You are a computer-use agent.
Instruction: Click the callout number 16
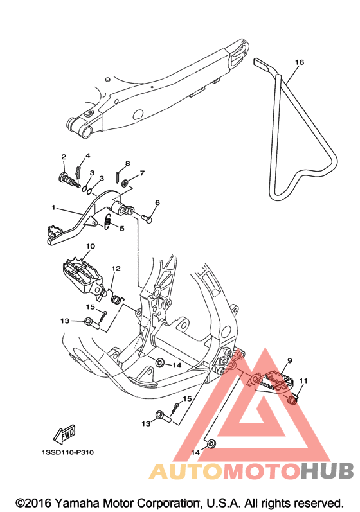(299, 62)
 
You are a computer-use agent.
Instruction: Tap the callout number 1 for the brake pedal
(53, 207)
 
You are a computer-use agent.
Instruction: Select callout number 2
(64, 157)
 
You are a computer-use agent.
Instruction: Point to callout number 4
(88, 155)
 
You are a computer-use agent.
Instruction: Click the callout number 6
(157, 203)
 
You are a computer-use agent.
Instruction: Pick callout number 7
(142, 173)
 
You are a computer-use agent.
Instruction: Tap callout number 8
(127, 163)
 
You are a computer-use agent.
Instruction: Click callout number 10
(91, 246)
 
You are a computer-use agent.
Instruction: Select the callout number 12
(116, 269)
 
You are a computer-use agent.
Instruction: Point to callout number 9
(289, 361)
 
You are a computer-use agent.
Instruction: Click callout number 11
(303, 381)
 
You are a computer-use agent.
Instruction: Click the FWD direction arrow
(65, 435)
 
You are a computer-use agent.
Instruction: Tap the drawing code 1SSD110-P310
(67, 452)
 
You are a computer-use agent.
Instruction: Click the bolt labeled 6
(147, 218)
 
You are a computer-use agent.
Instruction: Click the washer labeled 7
(125, 184)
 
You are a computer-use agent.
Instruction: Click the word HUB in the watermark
(327, 471)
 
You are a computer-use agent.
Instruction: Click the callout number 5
(122, 229)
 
